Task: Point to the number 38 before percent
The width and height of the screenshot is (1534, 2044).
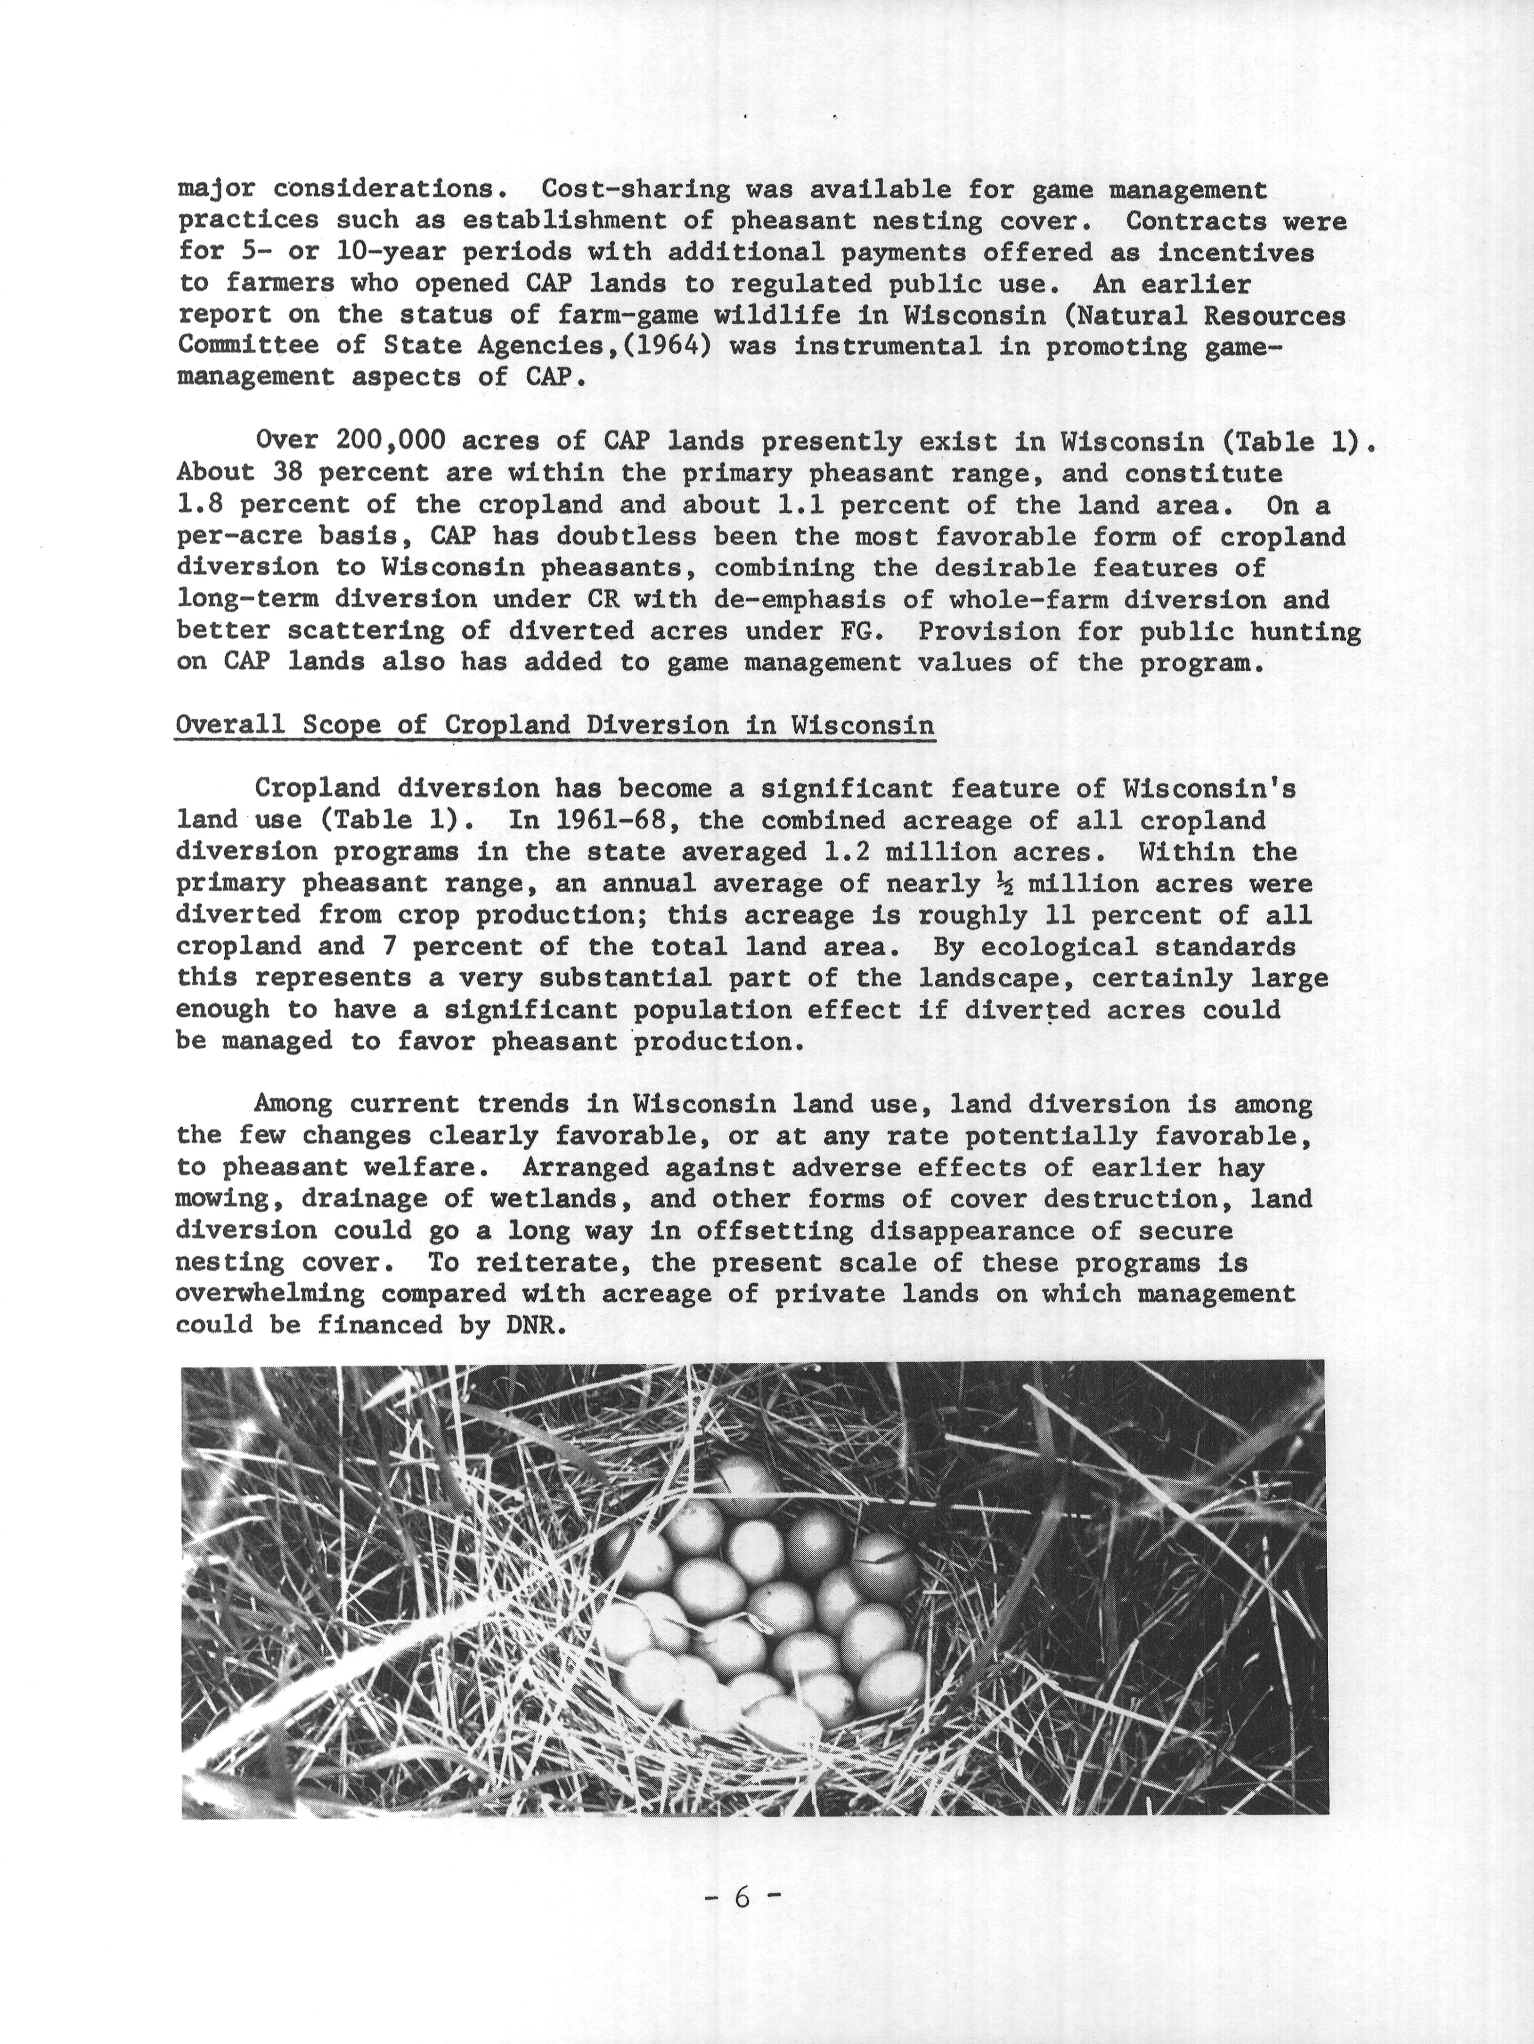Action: (x=288, y=473)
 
